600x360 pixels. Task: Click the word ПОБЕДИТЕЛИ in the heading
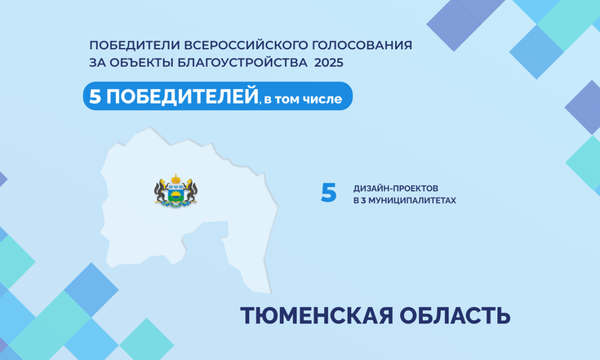[x=135, y=45]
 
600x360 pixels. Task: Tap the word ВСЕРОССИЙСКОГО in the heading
[x=246, y=45]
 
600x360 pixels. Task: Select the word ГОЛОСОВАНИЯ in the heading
[x=362, y=45]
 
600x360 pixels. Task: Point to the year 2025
[x=329, y=62]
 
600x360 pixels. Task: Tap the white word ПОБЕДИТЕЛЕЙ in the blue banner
[x=182, y=96]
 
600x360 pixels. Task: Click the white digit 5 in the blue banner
[x=95, y=96]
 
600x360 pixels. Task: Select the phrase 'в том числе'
[x=303, y=99]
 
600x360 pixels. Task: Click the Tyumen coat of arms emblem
[x=176, y=191]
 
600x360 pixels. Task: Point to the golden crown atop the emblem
[x=176, y=179]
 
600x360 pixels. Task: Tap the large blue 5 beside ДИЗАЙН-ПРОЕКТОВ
[x=329, y=192]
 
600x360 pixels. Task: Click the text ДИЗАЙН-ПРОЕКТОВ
[x=396, y=189]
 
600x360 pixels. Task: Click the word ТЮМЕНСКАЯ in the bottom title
[x=317, y=316]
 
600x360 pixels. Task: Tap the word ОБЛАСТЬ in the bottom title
[x=455, y=316]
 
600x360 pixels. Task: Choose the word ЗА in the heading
[x=97, y=62]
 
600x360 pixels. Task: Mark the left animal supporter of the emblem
[x=161, y=191]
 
